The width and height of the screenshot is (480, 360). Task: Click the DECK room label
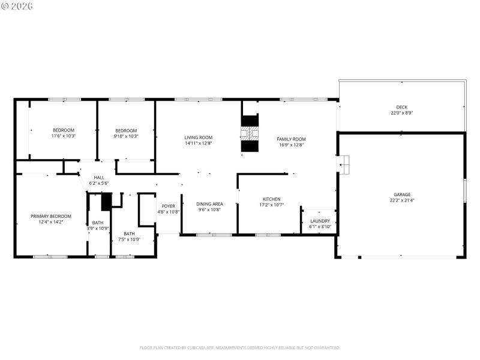pos(401,107)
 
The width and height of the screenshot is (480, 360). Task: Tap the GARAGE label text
pos(401,194)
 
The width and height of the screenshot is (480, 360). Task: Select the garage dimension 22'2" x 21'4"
pos(401,200)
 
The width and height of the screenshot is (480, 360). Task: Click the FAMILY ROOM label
pos(291,139)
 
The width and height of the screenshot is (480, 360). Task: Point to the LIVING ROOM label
pos(198,137)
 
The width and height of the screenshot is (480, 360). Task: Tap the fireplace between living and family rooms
pos(250,133)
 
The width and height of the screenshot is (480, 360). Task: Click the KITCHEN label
pos(271,199)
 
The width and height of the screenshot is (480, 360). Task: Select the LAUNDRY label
pos(320,221)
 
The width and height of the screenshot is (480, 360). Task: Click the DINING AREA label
pos(209,204)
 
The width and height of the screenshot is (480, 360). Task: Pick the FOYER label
pos(168,206)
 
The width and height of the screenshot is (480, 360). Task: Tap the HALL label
pos(98,177)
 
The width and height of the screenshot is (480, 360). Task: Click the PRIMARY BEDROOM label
pos(51,216)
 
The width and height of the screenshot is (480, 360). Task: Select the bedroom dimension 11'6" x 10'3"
pos(64,136)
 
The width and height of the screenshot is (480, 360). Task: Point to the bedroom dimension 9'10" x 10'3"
pos(126,136)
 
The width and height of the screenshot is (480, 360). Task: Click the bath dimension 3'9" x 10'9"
pos(97,228)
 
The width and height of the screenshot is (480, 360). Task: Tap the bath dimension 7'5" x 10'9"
pos(129,239)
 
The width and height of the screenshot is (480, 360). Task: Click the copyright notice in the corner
pos(17,6)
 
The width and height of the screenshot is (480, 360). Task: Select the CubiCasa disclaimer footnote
pos(240,347)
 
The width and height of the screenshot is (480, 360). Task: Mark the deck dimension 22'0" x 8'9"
pos(401,113)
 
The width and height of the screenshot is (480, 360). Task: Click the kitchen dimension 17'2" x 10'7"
pos(271,205)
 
